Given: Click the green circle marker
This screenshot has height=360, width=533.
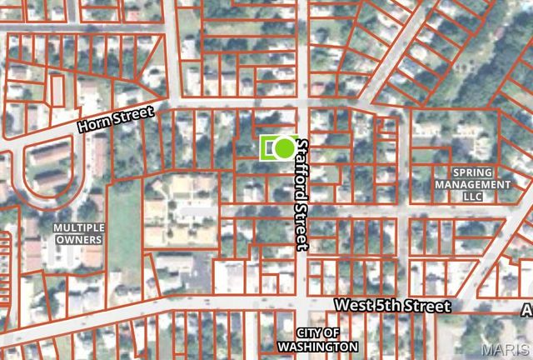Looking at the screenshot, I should (285, 148).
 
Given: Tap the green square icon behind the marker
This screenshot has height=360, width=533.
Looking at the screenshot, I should (270, 148).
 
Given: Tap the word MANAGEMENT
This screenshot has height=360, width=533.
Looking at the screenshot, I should (472, 183).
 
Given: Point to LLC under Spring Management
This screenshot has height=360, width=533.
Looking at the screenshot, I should (472, 196).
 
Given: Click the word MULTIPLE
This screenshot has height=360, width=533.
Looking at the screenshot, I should (79, 227).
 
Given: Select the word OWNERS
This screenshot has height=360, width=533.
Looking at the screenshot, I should (79, 240).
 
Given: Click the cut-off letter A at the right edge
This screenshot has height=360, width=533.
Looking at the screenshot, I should (526, 310).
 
